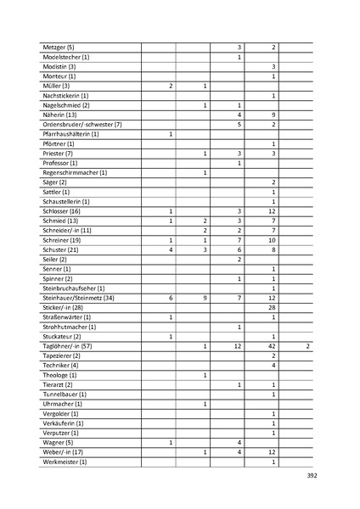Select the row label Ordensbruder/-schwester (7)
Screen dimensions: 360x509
click(82, 125)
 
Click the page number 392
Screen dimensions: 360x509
click(311, 476)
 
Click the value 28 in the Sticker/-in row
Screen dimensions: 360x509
click(273, 308)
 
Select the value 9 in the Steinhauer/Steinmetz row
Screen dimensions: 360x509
click(205, 298)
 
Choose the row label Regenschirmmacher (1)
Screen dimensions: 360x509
click(75, 173)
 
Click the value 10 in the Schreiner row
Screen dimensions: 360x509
click(273, 240)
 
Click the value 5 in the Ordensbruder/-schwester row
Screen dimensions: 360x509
click(239, 125)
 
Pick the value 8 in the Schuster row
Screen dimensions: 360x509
click(273, 250)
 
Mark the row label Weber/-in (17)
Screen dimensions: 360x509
click(62, 452)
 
